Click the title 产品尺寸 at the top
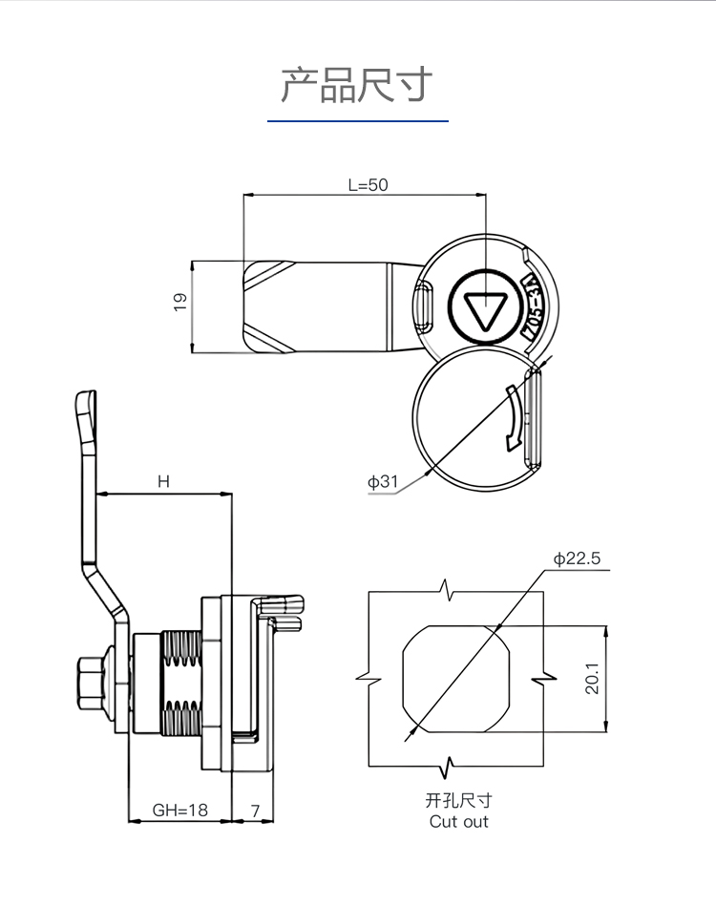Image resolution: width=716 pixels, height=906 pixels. point(357,85)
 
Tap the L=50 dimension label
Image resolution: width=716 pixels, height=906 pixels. point(368,185)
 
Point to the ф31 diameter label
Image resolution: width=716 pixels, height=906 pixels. point(383,482)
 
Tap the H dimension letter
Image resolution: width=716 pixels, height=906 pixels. point(163,482)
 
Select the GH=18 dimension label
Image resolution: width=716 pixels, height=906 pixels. point(179,811)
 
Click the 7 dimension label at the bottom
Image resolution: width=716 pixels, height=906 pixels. point(255,811)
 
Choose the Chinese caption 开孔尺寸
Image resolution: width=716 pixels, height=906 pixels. point(458,801)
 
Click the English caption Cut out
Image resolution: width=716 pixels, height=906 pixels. point(458,821)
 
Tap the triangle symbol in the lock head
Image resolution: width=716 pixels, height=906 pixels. point(484,307)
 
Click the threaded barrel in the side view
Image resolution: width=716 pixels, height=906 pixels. point(182,684)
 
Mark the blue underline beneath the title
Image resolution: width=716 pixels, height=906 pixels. point(357,121)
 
